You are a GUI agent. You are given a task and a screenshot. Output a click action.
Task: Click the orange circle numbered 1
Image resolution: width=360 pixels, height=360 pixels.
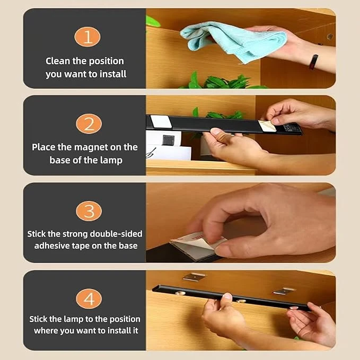(87, 37)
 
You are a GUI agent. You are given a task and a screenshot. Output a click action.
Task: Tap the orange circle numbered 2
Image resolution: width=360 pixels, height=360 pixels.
(89, 124)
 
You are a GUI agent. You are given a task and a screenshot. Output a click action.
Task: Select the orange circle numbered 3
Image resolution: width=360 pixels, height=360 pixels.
(89, 211)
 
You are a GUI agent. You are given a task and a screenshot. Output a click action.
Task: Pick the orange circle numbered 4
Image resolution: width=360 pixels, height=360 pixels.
(89, 298)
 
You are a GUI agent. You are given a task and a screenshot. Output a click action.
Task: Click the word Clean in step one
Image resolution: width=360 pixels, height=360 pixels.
(58, 61)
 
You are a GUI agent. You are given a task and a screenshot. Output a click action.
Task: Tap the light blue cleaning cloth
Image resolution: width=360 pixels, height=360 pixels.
(234, 41)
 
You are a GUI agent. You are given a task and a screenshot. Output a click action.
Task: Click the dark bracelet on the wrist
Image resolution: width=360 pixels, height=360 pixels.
(313, 62)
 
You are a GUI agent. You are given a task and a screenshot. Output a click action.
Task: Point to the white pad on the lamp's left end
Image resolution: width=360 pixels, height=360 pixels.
(161, 121)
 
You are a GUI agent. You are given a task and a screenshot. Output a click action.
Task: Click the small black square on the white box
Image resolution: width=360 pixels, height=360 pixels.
(168, 140)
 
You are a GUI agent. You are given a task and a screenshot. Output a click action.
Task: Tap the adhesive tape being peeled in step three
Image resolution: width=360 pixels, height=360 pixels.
(197, 243)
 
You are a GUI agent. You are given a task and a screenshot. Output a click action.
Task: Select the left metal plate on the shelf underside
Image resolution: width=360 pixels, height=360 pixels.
(194, 276)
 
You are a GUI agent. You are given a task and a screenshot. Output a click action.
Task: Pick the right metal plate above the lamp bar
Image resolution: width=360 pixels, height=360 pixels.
(283, 291)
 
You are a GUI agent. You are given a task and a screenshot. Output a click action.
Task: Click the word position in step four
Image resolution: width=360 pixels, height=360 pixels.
(125, 319)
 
